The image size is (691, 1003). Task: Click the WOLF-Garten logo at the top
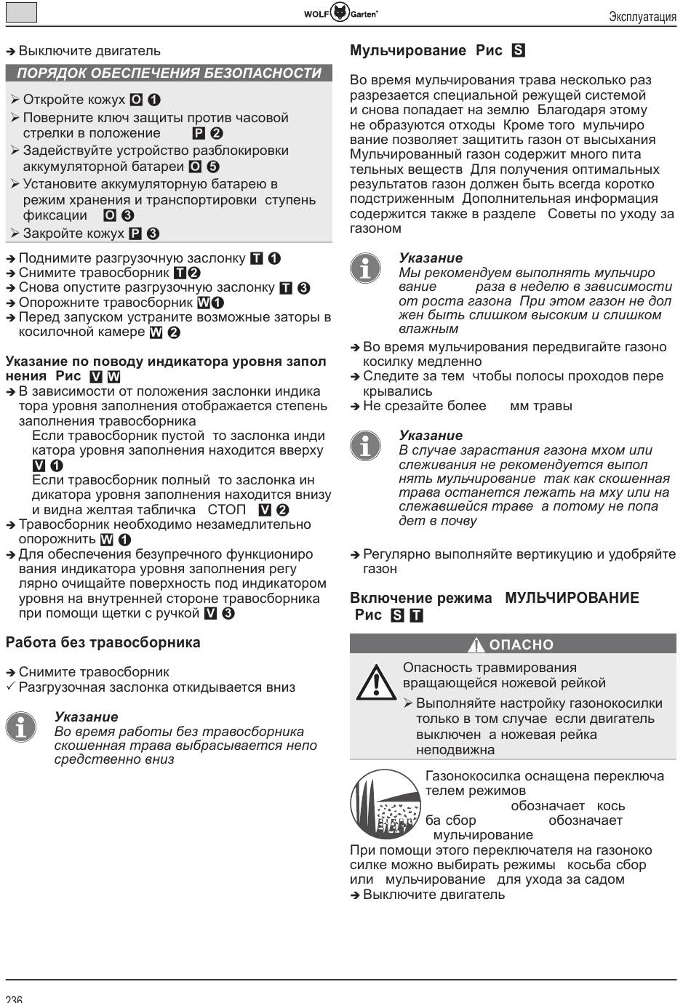coord(340,12)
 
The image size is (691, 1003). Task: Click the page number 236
coord(14,998)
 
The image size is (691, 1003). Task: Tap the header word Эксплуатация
coord(642,17)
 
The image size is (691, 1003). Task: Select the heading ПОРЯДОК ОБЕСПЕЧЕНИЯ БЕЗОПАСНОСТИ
coord(169,73)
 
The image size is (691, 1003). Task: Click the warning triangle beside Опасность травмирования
coord(375,682)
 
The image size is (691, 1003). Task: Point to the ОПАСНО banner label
coord(521,644)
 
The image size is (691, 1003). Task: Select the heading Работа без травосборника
coord(103,642)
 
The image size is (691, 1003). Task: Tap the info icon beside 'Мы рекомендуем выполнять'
coord(365,268)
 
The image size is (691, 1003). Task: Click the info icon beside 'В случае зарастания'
coord(365,445)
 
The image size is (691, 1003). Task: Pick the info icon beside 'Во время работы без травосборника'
coord(21,727)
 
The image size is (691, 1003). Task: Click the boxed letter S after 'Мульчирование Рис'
coord(519,51)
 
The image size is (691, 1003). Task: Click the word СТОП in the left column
coord(227,510)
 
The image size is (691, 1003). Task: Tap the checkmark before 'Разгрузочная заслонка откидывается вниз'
coord(10,687)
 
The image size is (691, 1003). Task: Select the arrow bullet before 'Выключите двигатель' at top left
coord(10,52)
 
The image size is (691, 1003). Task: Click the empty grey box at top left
coord(21,12)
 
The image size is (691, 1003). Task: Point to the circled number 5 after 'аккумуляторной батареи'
coord(213,167)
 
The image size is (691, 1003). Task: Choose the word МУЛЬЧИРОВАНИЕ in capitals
coord(572,598)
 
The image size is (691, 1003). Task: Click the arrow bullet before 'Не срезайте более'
coord(355,406)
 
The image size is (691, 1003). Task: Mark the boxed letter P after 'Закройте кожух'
coord(135,233)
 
